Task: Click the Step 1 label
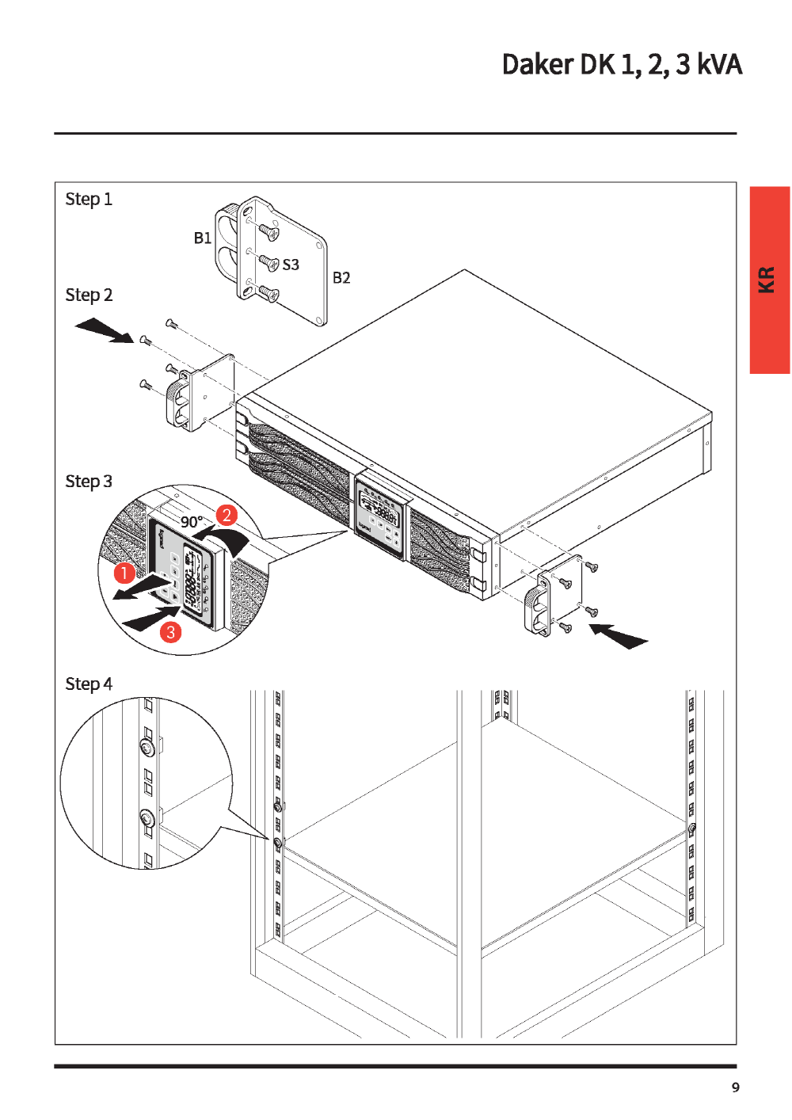[89, 199]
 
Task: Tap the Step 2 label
[89, 295]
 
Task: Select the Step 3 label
[89, 482]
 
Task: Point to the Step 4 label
[89, 684]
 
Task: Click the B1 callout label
[203, 238]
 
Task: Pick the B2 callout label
[341, 278]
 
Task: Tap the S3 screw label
[291, 265]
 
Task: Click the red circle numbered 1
[124, 572]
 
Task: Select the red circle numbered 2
[227, 515]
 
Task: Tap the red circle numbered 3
[170, 632]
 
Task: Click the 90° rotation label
[192, 522]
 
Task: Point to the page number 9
[736, 1088]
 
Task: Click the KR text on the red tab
[767, 280]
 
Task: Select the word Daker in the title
[538, 65]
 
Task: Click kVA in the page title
[719, 65]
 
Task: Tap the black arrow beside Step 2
[105, 330]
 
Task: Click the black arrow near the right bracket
[619, 635]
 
